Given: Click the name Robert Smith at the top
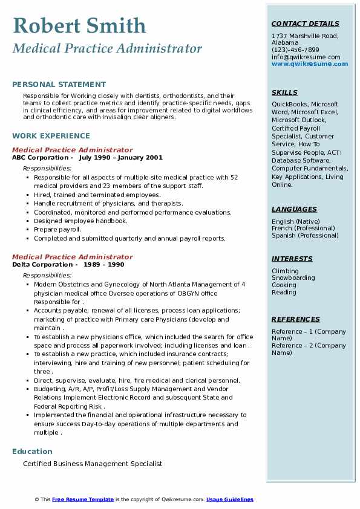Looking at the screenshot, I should point(79,26).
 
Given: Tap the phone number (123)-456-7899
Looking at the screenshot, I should point(295,50).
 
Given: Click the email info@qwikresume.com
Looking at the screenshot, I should point(306,57).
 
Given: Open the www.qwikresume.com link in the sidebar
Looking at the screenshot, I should point(306,64).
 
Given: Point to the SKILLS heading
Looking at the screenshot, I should point(284,92).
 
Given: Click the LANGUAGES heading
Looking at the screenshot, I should point(294,209).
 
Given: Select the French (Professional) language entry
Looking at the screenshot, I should point(303,229).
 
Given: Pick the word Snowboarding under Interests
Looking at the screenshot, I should point(293,278).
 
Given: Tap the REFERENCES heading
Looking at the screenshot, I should point(296,319).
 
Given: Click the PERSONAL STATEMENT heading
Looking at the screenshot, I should point(59,85).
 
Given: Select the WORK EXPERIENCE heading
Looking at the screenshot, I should point(51,137).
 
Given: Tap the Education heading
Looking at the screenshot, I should point(32,452).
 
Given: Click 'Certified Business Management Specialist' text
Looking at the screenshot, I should point(93,464).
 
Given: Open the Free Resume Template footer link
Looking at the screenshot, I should point(83,499).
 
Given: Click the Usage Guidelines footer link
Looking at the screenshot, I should point(229,499).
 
